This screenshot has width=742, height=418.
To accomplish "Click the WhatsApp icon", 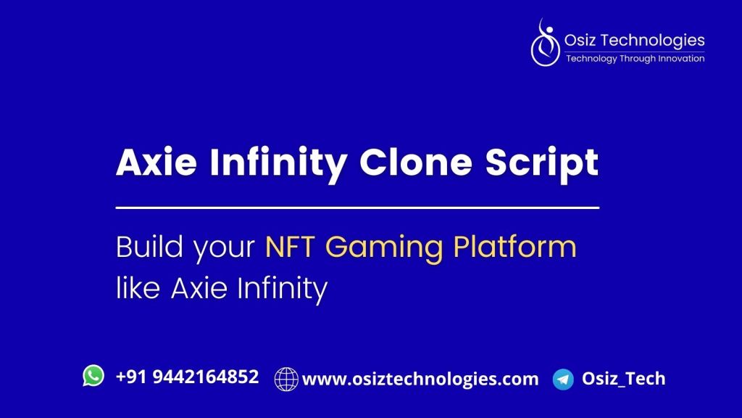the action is point(93,376).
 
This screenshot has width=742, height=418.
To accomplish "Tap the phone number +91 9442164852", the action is point(188,377).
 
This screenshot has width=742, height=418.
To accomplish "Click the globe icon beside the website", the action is point(286,379).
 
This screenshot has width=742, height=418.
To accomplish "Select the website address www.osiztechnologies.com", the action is point(420,379).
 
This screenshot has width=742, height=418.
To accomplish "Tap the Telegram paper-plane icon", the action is point(563,379).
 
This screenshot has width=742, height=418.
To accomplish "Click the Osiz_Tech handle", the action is point(624,378).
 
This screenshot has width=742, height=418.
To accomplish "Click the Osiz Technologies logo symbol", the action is point(545,43).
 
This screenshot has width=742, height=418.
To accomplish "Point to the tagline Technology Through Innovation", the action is point(635,58).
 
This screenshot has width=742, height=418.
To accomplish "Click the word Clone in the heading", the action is point(416,162).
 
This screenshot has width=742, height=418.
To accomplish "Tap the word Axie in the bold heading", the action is point(157,162).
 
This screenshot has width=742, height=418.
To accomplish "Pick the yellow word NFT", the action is point(290,247).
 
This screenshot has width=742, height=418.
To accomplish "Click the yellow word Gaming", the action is point(384,249).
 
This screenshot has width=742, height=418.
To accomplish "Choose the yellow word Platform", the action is point(515,247).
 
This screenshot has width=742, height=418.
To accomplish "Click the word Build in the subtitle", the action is point(149,247).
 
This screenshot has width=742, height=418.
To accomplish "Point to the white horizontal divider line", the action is point(358,208).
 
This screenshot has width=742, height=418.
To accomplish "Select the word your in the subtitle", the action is point(225,250).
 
